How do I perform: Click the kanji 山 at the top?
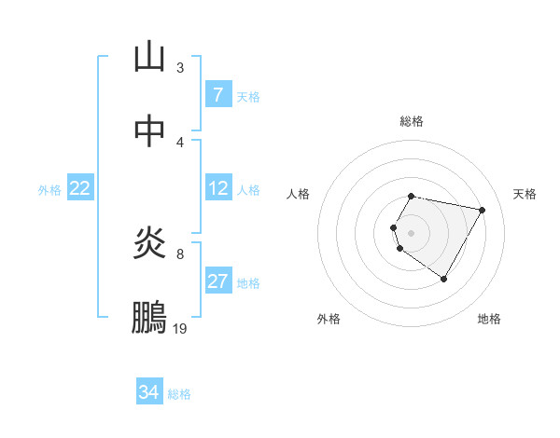pos(149,58)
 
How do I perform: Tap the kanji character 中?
pos(149,131)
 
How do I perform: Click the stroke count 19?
pos(180,329)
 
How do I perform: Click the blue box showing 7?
pos(218,95)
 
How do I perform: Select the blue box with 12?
pos(218,189)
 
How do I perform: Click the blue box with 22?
pos(80,189)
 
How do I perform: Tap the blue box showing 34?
pos(149,393)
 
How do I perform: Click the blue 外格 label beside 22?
pos(49,190)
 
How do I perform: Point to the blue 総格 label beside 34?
pos(179,394)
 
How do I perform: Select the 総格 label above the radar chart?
pos(412,121)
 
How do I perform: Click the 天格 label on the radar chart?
pos(525,194)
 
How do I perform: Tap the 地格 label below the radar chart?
pos(489,320)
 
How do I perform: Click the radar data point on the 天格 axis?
pos(482,211)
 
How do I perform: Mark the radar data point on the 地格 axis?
pos(443,279)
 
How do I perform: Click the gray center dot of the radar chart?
pos(412,232)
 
